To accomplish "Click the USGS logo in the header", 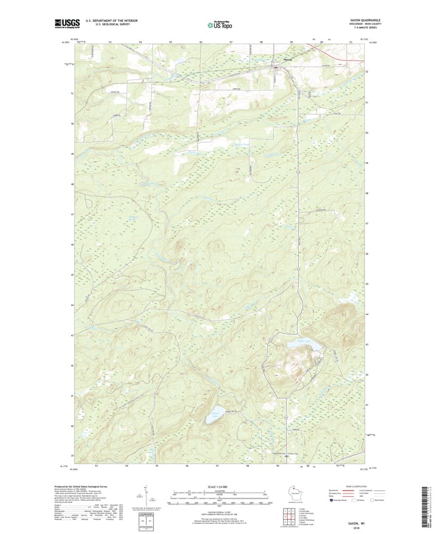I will pyautogui.click(x=67, y=23).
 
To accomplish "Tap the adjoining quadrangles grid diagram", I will pyautogui.click(x=288, y=517).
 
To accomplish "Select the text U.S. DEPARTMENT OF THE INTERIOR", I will pyautogui.click(x=108, y=21).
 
